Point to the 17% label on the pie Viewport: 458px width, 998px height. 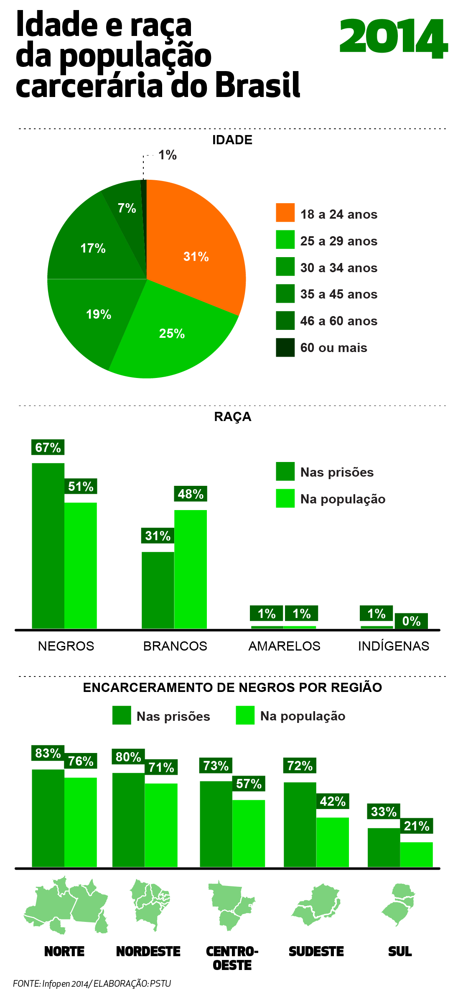(x=93, y=248)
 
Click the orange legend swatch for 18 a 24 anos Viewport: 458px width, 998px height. (x=285, y=213)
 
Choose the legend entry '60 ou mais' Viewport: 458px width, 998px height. (x=333, y=348)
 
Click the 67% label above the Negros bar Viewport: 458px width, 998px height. (x=48, y=447)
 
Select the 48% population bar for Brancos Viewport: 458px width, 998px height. (x=191, y=569)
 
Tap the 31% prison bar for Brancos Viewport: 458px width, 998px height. (x=158, y=590)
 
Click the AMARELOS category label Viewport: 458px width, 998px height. (x=284, y=646)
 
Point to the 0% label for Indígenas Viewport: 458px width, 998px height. (x=411, y=621)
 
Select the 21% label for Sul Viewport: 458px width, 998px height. (x=417, y=826)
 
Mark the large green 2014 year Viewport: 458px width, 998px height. (x=393, y=38)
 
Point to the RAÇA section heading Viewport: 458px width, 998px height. (x=233, y=417)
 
